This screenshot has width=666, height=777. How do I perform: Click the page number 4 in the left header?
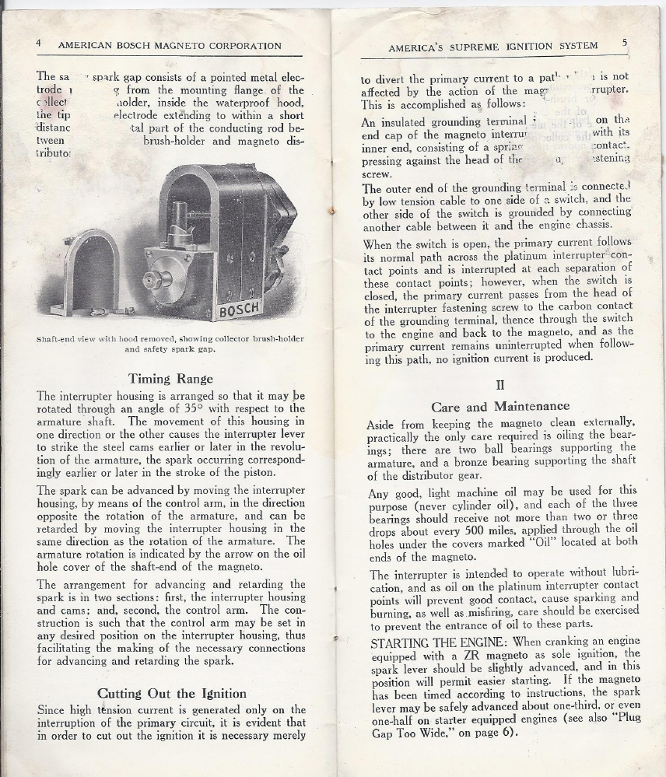[39, 44]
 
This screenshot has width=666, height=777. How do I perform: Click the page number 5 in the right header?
[625, 44]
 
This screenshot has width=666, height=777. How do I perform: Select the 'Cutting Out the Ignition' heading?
[172, 693]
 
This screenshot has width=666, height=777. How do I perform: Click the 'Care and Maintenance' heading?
[500, 406]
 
